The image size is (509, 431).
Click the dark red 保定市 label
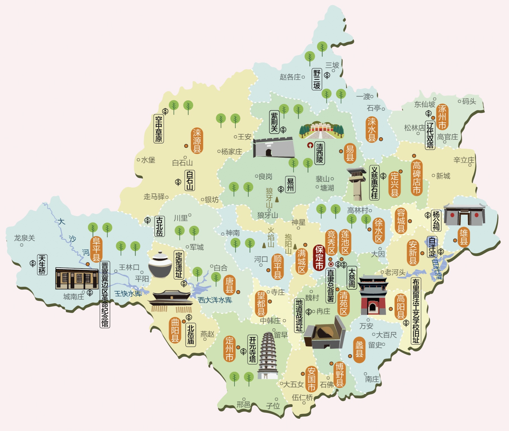click(319, 257)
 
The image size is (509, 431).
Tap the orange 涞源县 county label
click(197, 141)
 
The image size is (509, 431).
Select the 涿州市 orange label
click(442, 117)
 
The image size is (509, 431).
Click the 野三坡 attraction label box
click(317, 79)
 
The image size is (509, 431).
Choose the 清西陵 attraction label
click(320, 153)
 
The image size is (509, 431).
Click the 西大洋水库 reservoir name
click(215, 300)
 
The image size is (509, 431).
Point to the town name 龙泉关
click(25, 238)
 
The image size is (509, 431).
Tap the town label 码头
click(469, 101)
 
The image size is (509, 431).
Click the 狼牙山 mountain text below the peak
click(268, 215)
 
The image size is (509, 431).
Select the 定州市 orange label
click(229, 349)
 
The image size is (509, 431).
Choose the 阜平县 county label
click(96, 249)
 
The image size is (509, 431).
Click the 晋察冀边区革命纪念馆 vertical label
click(105, 294)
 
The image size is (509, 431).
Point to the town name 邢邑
click(243, 404)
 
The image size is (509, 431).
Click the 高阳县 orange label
click(400, 307)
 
